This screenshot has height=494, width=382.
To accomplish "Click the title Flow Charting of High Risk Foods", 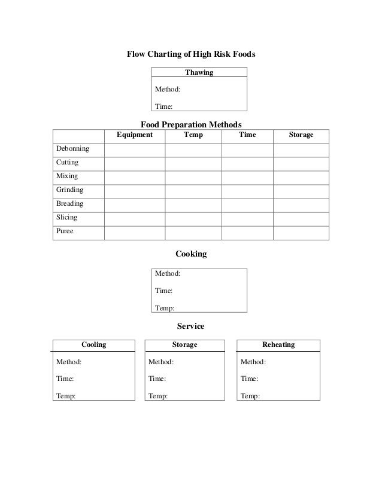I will tap(190, 54).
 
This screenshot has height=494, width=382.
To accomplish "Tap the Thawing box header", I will tap(199, 73).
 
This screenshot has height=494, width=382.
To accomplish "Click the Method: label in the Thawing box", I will tap(168, 90).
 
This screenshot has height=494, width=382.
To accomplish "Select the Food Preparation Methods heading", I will tap(190, 124).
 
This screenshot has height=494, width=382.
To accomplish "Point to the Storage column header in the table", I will tap(301, 135).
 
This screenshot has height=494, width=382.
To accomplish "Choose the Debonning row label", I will tap(72, 149).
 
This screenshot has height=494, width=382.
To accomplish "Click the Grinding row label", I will tap(69, 190).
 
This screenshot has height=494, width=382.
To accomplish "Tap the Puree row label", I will tap(65, 231).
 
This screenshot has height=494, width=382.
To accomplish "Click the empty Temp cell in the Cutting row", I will tap(193, 163).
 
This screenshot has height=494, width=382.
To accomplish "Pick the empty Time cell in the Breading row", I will tap(247, 205).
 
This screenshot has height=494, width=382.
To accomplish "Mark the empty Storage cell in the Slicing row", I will tap(301, 218).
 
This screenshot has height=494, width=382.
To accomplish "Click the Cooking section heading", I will tap(190, 254).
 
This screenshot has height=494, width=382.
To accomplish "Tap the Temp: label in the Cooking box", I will tap(165, 308).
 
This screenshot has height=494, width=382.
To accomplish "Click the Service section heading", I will tap(190, 327).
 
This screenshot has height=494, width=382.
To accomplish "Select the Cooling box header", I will tap(93, 345).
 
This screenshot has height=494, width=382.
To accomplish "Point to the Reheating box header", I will tap(278, 345).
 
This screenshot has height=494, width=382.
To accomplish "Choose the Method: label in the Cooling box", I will tap(69, 362).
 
